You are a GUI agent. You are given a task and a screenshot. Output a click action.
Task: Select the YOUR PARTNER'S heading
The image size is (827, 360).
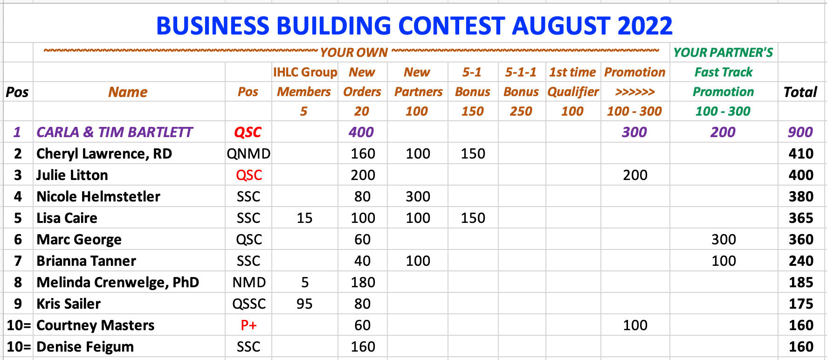(x=723, y=53)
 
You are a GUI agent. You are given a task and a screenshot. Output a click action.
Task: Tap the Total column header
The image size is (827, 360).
(x=800, y=92)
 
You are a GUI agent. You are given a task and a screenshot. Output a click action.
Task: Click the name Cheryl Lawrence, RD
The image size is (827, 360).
(x=104, y=153)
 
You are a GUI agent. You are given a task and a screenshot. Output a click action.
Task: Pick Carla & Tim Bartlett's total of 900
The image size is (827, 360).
(x=800, y=132)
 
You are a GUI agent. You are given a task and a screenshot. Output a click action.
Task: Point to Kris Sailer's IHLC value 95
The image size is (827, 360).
(x=304, y=304)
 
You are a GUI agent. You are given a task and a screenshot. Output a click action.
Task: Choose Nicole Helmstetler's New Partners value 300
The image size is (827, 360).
(x=418, y=196)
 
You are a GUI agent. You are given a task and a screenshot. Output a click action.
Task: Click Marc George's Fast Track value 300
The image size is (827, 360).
(x=724, y=239)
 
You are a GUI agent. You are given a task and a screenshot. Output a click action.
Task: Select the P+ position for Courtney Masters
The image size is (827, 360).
(x=248, y=325)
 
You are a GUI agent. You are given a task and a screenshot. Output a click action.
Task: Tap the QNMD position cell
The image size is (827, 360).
(x=248, y=153)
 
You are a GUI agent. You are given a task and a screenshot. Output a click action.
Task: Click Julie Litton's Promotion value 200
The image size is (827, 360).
(x=635, y=175)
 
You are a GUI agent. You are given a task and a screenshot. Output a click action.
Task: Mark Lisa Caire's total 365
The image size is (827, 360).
(x=801, y=218)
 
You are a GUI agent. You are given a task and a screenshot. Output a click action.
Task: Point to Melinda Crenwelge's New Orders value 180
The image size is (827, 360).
(x=363, y=282)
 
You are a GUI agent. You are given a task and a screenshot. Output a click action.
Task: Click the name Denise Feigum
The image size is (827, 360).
(x=85, y=346)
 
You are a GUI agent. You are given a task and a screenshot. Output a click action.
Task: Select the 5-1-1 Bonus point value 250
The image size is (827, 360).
(x=521, y=111)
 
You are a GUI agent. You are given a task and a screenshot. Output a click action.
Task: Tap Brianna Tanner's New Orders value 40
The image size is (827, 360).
(x=362, y=261)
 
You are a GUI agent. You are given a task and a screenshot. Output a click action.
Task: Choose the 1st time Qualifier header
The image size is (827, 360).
(x=573, y=82)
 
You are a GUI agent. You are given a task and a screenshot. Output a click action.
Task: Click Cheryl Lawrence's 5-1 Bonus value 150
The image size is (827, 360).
(x=473, y=153)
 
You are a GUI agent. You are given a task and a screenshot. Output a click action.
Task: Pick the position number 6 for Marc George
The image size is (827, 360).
(x=18, y=239)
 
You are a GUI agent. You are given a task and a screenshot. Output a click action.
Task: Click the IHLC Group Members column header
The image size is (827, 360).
(x=304, y=82)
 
